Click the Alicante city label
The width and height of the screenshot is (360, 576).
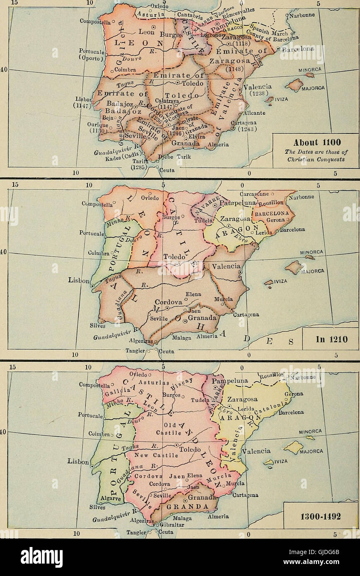point(255,113)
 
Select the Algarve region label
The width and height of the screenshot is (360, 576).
point(110,499)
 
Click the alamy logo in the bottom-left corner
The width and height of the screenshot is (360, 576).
point(41,557)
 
